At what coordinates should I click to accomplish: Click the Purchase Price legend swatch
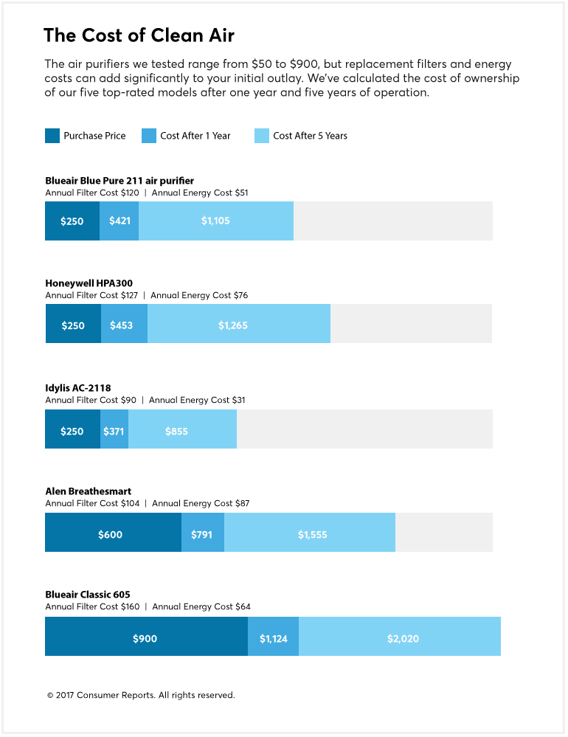[52, 136]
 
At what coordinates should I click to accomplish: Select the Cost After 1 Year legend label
[195, 136]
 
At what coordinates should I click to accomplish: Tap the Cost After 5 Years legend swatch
[262, 136]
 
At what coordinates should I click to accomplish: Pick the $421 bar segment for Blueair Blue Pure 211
[120, 221]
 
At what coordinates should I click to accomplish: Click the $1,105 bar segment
[216, 221]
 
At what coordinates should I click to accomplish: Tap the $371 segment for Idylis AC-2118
[114, 431]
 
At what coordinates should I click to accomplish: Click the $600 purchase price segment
[111, 534]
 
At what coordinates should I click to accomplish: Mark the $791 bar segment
[203, 534]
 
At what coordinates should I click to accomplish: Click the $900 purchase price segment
[145, 638]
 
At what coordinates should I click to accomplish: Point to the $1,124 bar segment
[274, 638]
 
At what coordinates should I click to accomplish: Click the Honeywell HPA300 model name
[89, 283]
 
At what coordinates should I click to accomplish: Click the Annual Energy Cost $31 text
[197, 400]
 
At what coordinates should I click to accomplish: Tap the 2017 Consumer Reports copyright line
[141, 695]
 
